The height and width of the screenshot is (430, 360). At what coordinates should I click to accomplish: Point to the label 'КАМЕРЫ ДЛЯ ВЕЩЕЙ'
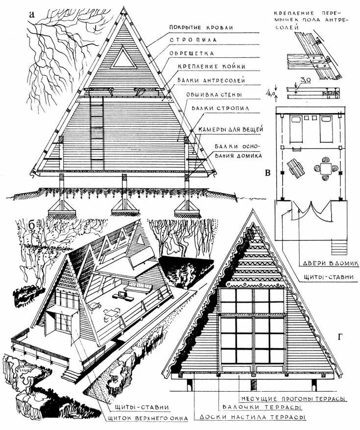pos(231,128)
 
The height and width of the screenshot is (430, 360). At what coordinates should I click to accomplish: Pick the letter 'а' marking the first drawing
pos(32,14)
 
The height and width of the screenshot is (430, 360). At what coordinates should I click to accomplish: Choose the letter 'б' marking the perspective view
pos(32,225)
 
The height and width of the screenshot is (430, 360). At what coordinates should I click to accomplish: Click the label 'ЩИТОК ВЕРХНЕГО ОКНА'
pos(139,418)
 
